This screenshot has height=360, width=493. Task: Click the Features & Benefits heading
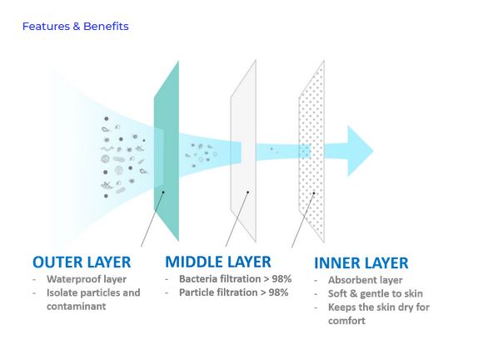coord(76,27)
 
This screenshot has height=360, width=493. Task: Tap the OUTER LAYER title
coord(82,262)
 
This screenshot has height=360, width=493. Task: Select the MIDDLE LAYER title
coord(218,262)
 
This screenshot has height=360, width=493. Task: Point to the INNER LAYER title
coord(361,263)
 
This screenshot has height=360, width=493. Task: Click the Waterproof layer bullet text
coord(87,279)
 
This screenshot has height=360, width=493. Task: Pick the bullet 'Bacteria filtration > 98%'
coord(235,279)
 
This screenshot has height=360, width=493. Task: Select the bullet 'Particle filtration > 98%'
coord(234,292)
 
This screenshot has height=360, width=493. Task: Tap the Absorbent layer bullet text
coord(366,280)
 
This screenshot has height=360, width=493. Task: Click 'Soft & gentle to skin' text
coord(376,293)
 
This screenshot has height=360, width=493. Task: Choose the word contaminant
coord(76,306)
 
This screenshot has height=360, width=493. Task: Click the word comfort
coord(346,321)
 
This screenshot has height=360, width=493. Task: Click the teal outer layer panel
coord(167,151)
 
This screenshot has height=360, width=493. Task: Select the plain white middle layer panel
coord(243,151)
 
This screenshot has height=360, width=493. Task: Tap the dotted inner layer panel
coord(311,151)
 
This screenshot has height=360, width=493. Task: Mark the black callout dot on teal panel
coord(163,192)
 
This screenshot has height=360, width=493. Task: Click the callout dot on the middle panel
coord(248,192)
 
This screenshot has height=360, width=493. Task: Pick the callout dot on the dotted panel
coord(314,192)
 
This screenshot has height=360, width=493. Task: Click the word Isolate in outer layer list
coord(60,292)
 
